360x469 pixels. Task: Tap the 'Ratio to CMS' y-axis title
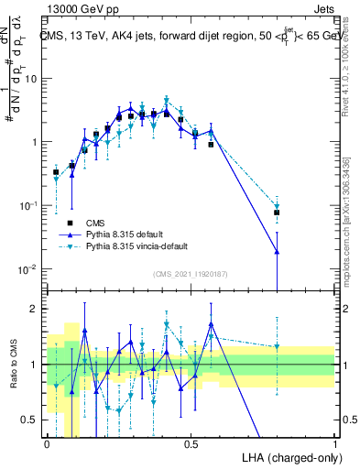pos(12,364)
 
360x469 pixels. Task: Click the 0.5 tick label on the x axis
pos(191,442)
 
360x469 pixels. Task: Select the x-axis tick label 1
pos(334,442)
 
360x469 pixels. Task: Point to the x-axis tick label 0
pos(47,442)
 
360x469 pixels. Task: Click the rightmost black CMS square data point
pos(277,213)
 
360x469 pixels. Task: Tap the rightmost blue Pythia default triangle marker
pos(277,251)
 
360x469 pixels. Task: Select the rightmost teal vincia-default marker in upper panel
pos(277,206)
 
